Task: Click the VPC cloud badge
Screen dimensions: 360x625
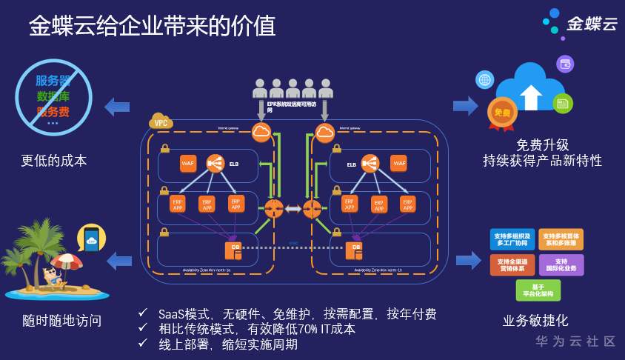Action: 160,121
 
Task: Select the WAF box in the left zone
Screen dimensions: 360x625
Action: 187,164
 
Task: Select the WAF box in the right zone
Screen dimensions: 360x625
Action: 399,164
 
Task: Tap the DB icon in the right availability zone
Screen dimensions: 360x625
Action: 356,249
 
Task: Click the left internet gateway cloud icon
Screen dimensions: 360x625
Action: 261,133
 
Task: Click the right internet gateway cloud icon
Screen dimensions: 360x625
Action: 324,133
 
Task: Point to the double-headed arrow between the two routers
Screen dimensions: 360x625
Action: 293,210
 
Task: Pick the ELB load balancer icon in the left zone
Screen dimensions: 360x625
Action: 215,163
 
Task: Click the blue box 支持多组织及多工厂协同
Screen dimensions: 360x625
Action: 512,239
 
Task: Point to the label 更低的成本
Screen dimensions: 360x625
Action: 54,161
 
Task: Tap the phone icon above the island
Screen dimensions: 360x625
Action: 91,239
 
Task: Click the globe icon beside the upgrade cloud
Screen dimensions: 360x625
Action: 484,80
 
